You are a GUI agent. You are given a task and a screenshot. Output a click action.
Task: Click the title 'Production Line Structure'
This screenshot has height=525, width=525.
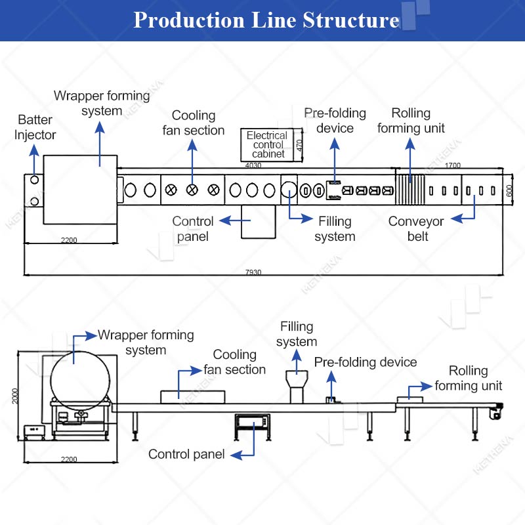(x=266, y=20)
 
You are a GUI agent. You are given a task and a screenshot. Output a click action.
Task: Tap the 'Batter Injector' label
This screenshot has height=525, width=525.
(x=35, y=127)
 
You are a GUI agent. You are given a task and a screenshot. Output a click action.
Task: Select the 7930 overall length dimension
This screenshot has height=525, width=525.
(x=253, y=272)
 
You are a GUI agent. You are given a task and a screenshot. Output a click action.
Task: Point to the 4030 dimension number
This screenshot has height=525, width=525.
(x=253, y=165)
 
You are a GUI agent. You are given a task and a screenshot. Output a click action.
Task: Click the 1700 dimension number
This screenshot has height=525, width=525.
(x=453, y=165)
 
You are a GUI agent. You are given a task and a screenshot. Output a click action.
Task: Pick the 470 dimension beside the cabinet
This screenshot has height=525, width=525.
(x=299, y=145)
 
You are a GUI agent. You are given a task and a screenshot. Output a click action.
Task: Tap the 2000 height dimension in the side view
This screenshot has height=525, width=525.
(x=14, y=396)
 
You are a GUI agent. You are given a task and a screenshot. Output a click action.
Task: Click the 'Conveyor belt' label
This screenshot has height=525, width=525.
(x=416, y=228)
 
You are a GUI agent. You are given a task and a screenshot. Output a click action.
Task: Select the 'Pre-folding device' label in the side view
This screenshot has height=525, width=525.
(x=366, y=362)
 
